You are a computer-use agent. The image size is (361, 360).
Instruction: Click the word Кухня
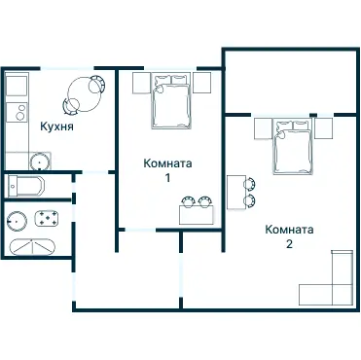click(x=56, y=126)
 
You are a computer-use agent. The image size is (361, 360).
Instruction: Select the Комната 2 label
click(x=289, y=236)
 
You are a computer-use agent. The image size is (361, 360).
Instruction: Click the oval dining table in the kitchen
click(x=84, y=94)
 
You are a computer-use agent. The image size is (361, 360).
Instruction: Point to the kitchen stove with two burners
click(x=18, y=112)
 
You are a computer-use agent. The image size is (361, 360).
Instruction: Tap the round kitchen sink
click(x=39, y=162)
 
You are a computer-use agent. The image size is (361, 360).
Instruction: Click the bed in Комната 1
click(x=171, y=101)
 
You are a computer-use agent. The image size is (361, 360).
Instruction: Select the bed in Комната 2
click(x=293, y=147)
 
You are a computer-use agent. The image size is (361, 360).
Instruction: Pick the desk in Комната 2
click(x=236, y=193)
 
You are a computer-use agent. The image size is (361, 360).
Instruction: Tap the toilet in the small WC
click(x=26, y=186)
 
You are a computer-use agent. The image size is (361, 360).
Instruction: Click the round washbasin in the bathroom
click(x=17, y=221)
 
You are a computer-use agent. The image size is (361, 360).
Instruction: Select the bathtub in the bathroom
click(x=32, y=247)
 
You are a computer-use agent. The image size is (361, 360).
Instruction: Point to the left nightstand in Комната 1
click(x=141, y=83)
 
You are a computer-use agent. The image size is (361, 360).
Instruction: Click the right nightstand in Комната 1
click(x=201, y=83)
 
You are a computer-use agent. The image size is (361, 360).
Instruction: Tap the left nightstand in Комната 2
click(x=263, y=128)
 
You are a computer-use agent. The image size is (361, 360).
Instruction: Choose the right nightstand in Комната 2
click(x=323, y=128)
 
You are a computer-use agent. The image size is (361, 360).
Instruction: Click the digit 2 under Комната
click(x=289, y=244)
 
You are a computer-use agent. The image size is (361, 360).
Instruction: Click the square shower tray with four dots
click(x=47, y=218)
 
